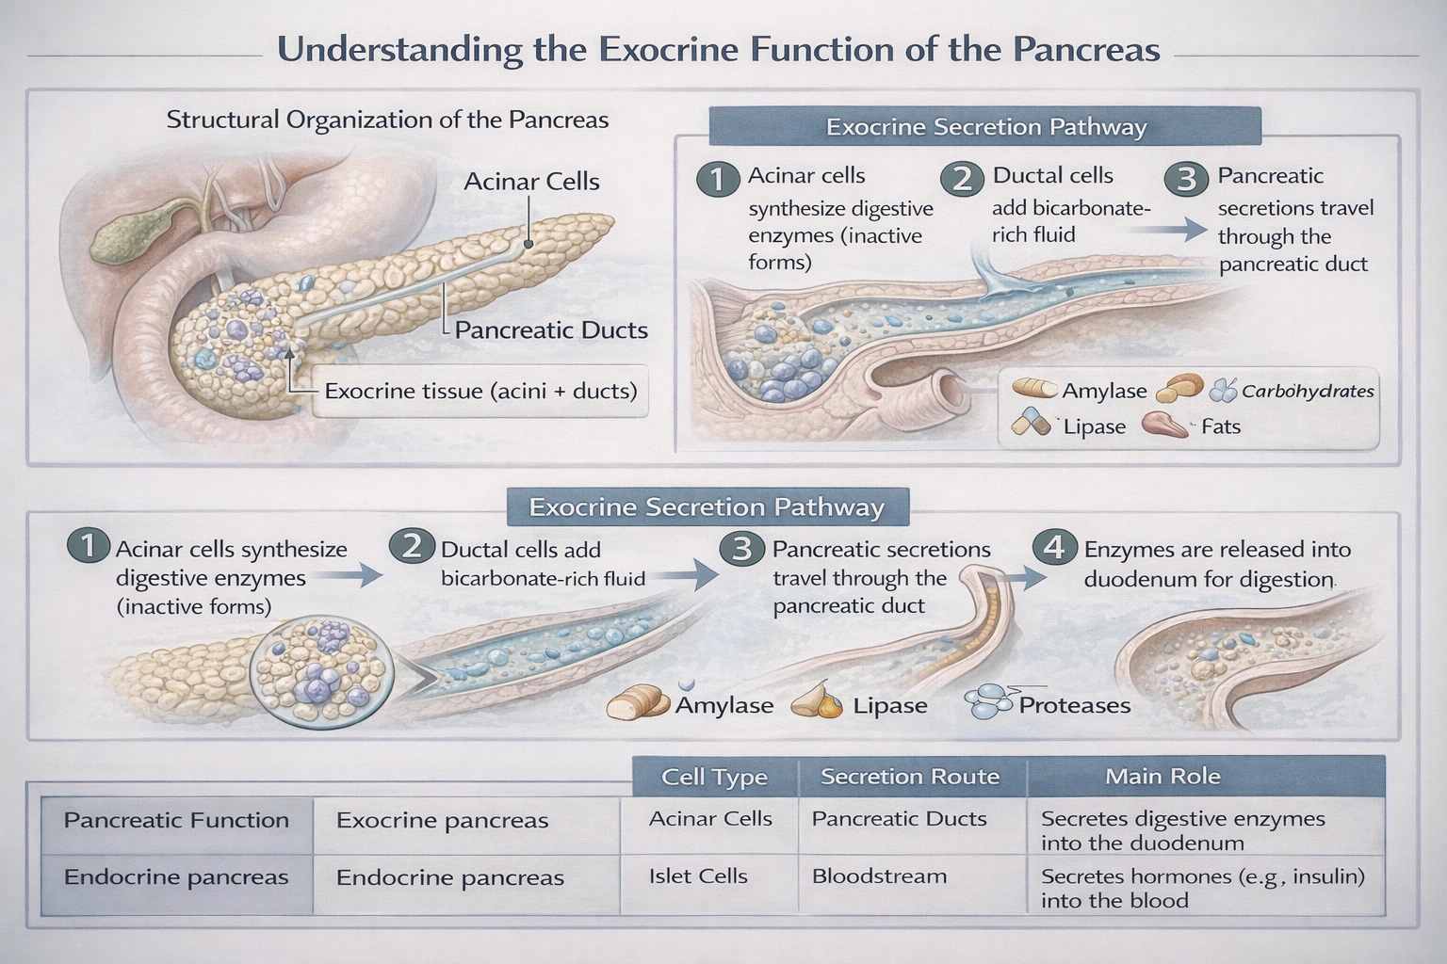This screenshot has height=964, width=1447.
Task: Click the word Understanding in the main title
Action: coord(399,49)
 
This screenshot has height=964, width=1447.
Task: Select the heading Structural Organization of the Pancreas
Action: coord(387,120)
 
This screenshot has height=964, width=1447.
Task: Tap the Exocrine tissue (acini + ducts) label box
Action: coord(480,391)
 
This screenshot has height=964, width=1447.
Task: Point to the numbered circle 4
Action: coord(1054,547)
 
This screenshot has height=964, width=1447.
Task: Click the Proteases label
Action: coord(1074,705)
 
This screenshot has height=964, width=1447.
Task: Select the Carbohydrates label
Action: coord(1307,391)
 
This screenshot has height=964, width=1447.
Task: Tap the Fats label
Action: coord(1220,426)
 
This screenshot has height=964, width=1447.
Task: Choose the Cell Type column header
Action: coord(714,777)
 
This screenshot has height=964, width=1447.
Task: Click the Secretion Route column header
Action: coord(909,777)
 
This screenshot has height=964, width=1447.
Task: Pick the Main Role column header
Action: coord(1162,777)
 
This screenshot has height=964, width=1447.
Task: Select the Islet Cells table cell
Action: coord(698,876)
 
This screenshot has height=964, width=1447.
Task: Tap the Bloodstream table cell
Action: coord(879,876)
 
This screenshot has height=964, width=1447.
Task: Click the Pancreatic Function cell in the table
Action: coord(176,820)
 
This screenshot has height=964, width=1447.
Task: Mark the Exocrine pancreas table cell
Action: coord(442,820)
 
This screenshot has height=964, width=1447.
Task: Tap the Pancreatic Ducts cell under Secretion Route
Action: coord(899,819)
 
